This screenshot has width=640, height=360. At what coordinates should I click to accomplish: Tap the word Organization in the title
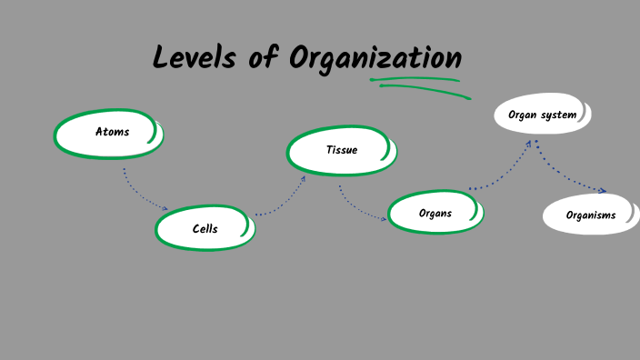point(375,58)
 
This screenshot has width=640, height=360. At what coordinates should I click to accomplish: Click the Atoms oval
point(109,135)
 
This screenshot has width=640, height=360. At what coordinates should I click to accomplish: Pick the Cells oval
point(205,229)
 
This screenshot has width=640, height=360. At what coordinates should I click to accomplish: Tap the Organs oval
point(435,214)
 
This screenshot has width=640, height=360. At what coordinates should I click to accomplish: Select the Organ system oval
point(542,115)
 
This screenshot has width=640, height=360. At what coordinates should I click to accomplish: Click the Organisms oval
point(591,215)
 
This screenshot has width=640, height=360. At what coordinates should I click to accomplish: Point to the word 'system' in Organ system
point(557,115)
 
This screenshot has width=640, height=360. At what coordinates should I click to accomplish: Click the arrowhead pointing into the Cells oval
point(165,209)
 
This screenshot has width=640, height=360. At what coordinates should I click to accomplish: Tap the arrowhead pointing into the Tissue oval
point(304,178)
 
